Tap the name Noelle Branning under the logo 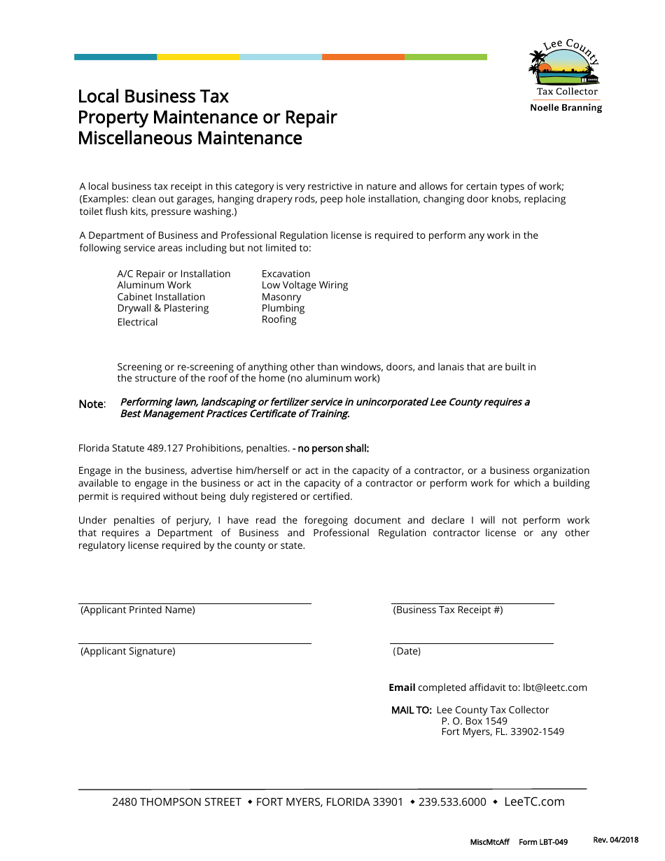[566, 108]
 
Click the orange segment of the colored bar [363, 57]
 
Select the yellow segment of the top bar [198, 57]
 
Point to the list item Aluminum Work [154, 285]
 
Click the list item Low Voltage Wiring [304, 285]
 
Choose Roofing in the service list [279, 319]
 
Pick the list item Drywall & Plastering [163, 308]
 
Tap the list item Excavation [286, 274]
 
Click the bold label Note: [92, 405]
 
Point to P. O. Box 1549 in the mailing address [474, 721]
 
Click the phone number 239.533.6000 [452, 802]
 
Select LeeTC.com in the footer [534, 802]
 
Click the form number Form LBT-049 [543, 842]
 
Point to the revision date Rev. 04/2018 [616, 840]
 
